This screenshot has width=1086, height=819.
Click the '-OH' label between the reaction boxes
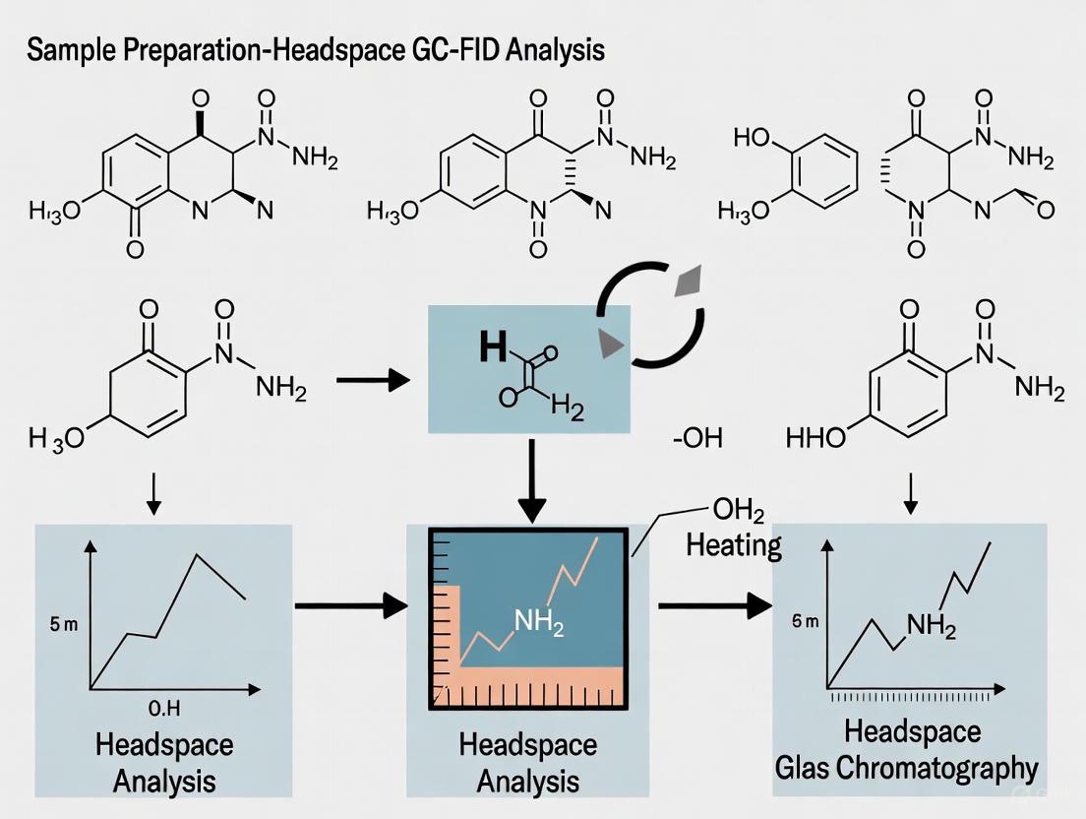tap(697, 438)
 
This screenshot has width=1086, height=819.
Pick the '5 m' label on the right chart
tap(804, 621)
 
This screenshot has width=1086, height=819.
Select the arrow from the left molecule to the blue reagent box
tap(373, 378)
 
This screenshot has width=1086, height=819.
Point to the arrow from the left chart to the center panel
tap(350, 605)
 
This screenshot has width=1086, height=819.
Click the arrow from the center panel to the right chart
tap(714, 605)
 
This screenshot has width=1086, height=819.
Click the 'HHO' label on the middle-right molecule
tap(816, 437)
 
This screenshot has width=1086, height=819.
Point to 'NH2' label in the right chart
tap(931, 625)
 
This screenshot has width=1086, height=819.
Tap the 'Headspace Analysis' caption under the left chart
tap(163, 763)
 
